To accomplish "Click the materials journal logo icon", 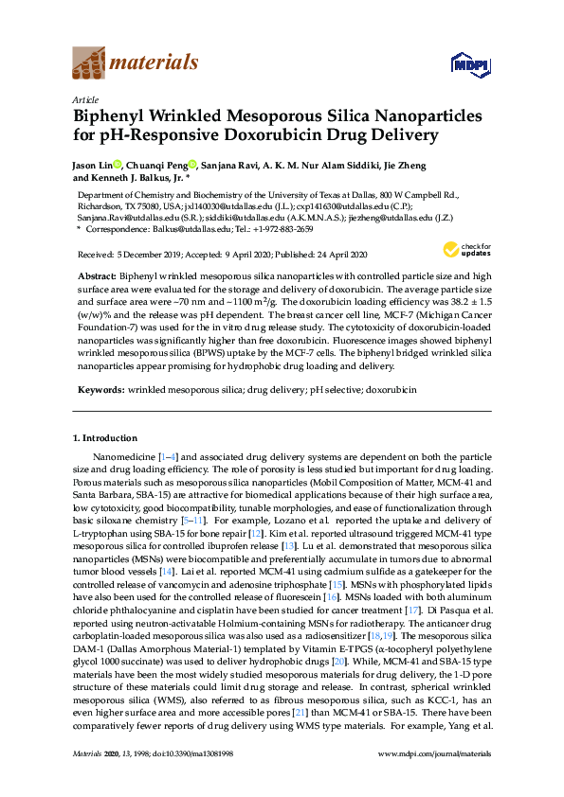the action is point(90,63).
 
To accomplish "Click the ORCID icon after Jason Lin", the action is point(118,165).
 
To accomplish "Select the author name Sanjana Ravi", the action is point(233,165).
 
